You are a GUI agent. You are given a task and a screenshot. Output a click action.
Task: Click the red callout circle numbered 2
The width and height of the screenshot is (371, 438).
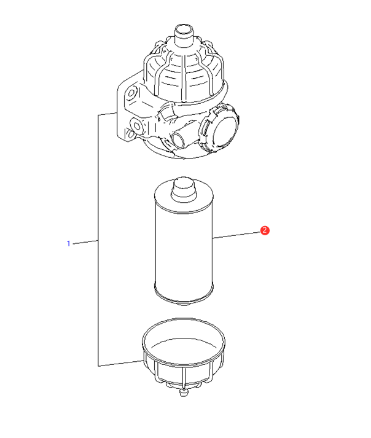click(265, 230)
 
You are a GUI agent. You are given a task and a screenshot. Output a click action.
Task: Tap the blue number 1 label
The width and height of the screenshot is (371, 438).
click(68, 244)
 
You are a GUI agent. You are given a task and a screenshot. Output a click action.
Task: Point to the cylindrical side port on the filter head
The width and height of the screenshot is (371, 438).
click(181, 137)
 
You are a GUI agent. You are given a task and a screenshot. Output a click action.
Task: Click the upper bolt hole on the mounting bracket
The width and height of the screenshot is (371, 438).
click(131, 93)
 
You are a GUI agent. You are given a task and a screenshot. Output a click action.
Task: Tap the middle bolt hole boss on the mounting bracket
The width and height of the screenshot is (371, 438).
click(137, 127)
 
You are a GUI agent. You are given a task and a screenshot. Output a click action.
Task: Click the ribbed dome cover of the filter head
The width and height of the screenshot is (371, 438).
click(184, 72)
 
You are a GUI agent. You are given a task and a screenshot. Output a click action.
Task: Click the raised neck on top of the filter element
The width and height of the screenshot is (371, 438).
click(184, 189)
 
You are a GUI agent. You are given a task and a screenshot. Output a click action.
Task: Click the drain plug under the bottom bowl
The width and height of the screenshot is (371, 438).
click(183, 392)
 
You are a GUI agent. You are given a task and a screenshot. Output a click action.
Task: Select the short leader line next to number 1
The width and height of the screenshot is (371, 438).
click(85, 242)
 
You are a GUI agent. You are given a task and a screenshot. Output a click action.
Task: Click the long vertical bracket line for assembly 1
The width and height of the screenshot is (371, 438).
click(98, 240)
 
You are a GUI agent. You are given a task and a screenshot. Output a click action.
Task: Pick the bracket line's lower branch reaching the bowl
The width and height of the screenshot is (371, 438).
click(120, 363)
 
